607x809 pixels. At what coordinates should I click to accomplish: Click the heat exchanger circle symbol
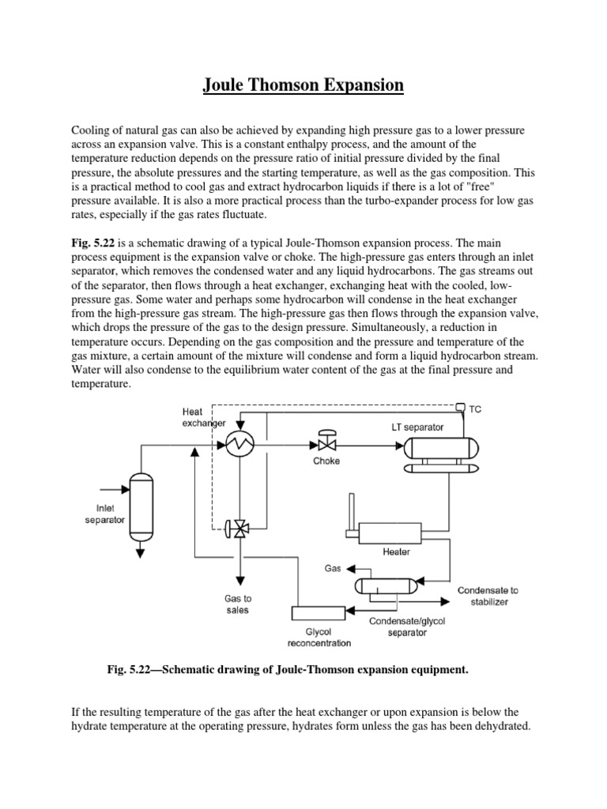237,446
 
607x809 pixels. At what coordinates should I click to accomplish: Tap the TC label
475,409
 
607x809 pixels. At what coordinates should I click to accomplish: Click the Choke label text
326,461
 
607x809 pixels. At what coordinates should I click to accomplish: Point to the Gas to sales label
238,604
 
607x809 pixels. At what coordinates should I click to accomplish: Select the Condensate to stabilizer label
488,596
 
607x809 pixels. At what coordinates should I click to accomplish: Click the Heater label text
396,552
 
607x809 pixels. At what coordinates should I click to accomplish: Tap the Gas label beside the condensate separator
333,568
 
